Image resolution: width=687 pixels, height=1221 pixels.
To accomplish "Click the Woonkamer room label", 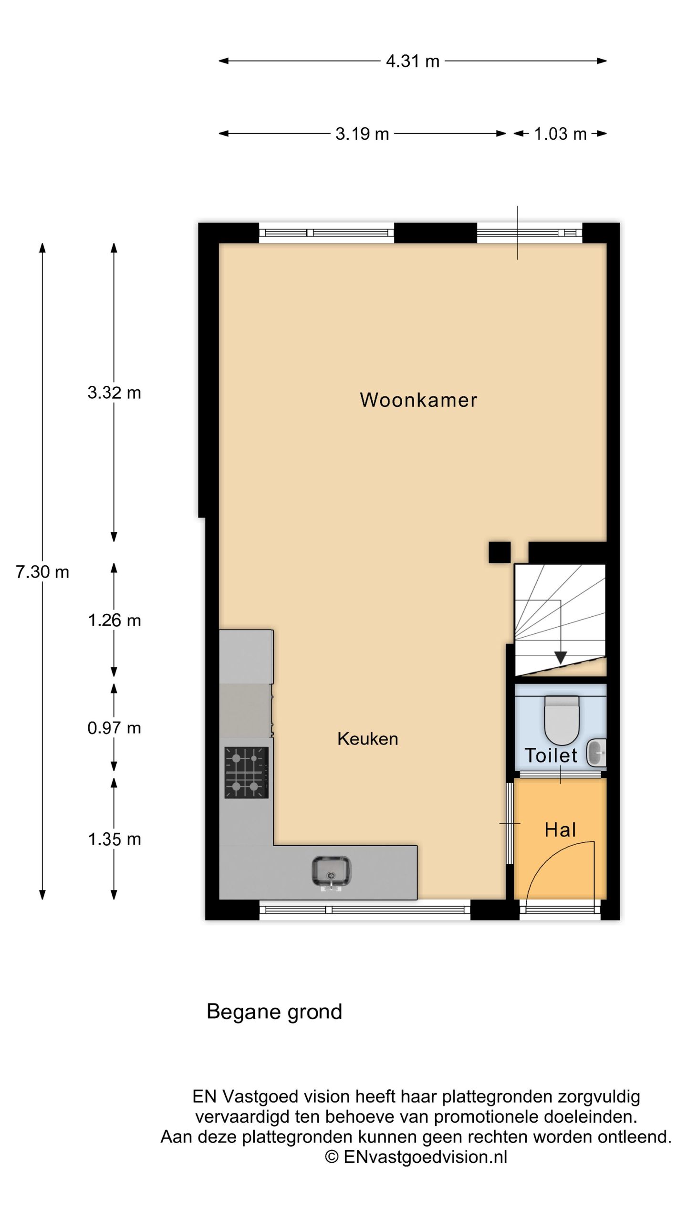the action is click(x=418, y=400).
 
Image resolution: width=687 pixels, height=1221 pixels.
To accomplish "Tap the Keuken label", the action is click(x=367, y=739).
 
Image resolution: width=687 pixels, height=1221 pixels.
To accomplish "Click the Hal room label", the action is click(x=560, y=830).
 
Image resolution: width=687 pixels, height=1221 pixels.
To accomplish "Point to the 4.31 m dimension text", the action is click(x=413, y=61).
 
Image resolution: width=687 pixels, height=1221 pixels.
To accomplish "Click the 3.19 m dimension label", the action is click(x=362, y=134).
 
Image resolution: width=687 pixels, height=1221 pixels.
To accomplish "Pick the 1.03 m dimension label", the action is click(x=560, y=134).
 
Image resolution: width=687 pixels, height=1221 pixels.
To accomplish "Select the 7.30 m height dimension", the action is click(x=42, y=571).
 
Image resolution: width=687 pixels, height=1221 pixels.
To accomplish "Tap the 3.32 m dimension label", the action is click(x=114, y=393).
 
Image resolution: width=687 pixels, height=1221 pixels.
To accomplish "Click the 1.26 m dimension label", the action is click(x=114, y=620).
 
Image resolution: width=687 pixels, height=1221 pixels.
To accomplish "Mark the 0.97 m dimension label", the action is click(x=114, y=728).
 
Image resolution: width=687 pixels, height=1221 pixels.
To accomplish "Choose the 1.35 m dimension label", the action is click(x=114, y=839).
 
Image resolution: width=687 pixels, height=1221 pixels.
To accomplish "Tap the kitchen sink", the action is click(x=331, y=872).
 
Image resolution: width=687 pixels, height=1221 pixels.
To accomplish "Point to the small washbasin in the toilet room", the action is click(x=596, y=753).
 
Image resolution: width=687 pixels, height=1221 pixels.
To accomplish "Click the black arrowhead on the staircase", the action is click(x=561, y=658).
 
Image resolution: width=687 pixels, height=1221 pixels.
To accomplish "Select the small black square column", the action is click(x=500, y=552).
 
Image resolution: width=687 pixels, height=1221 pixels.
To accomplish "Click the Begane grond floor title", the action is click(x=274, y=1012).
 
